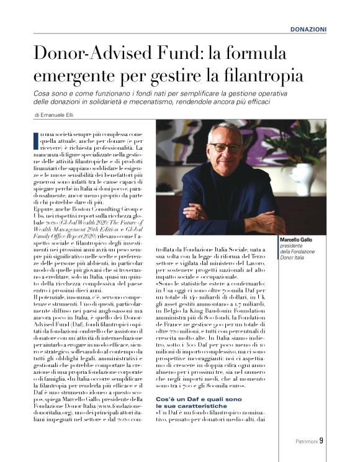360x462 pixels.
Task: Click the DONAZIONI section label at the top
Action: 308,30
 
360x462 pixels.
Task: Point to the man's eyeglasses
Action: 225,147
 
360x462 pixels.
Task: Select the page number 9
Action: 322,442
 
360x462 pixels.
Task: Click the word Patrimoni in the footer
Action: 306,442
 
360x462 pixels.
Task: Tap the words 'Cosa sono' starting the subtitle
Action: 50,92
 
